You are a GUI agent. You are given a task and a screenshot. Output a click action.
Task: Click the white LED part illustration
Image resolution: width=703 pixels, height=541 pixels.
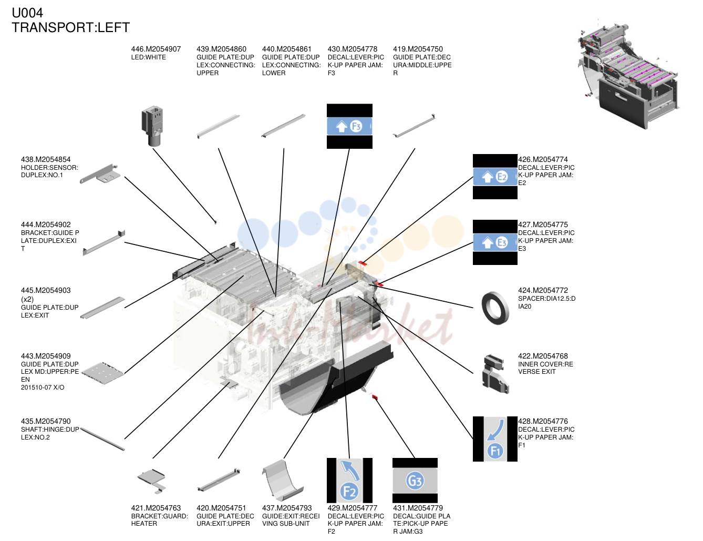click(x=152, y=126)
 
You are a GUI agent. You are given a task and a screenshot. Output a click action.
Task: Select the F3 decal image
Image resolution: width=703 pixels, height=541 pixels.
click(x=349, y=126)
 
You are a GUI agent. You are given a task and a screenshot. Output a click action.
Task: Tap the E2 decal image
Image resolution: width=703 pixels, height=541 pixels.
click(x=495, y=177)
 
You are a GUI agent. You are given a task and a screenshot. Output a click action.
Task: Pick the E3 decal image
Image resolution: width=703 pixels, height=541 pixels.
click(x=495, y=242)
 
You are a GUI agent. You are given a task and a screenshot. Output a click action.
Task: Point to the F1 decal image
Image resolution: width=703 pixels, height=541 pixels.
click(x=495, y=439)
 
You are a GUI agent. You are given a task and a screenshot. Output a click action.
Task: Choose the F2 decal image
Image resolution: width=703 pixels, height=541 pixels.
click(x=349, y=480)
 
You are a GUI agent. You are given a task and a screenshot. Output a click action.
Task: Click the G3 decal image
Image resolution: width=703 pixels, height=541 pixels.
click(x=415, y=480)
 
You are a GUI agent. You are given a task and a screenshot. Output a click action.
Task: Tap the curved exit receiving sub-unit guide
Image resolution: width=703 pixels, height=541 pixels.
click(x=282, y=481)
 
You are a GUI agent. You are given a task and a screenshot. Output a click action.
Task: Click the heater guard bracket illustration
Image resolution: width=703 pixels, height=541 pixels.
click(x=152, y=481)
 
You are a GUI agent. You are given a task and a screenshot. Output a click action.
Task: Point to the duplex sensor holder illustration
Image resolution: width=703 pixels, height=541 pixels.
click(x=100, y=174)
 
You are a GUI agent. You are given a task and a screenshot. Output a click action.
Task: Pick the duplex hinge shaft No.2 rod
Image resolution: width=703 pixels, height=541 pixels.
click(x=102, y=439)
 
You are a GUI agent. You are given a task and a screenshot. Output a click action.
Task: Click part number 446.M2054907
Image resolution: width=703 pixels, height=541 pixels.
click(x=156, y=49)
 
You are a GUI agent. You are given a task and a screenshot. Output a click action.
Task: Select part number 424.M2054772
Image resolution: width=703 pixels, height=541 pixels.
click(x=543, y=290)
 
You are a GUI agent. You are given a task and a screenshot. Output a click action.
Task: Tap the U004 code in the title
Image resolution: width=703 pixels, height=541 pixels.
click(x=27, y=13)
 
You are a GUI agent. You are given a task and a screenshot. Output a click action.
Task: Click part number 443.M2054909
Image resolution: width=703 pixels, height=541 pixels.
click(x=46, y=356)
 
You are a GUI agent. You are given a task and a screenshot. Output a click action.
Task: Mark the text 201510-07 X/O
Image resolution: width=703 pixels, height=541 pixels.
click(x=43, y=387)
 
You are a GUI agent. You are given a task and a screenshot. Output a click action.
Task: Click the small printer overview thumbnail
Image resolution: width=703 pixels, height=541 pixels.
click(x=628, y=76)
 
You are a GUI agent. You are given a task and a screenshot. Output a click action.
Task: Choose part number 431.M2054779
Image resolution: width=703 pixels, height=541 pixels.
click(x=418, y=508)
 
